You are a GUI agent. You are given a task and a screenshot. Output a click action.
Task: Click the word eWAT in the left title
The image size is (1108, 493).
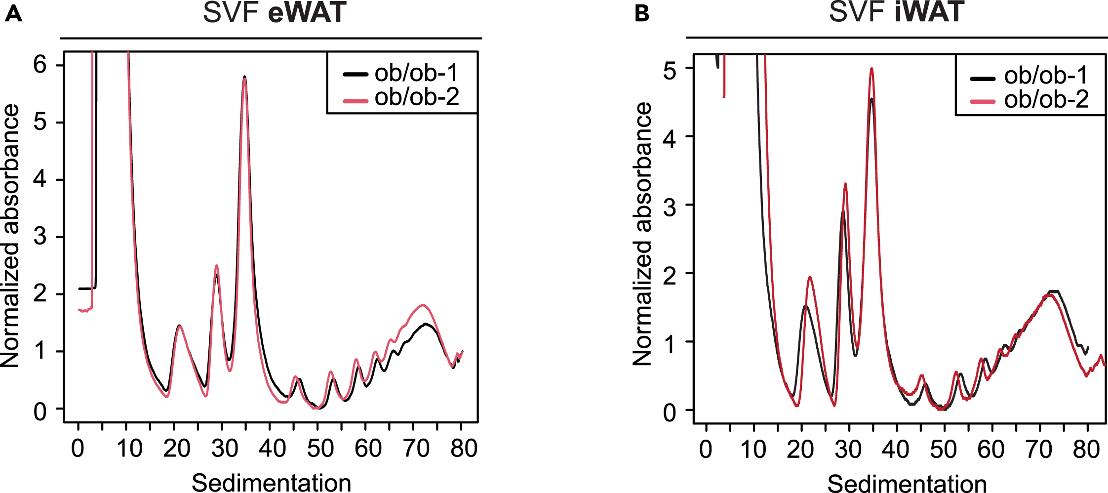point(307,13)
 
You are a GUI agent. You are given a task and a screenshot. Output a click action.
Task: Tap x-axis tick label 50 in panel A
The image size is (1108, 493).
point(320,449)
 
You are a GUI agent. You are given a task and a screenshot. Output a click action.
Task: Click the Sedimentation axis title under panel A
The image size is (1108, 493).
point(271,482)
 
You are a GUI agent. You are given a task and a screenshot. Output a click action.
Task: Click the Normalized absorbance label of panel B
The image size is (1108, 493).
point(642,234)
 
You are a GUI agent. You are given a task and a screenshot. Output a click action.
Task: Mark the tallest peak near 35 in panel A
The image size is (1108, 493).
point(244,77)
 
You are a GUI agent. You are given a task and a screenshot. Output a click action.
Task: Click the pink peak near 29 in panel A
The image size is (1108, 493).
point(216,266)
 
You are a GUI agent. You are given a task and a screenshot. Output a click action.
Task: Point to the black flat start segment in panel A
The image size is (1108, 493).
point(86,288)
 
